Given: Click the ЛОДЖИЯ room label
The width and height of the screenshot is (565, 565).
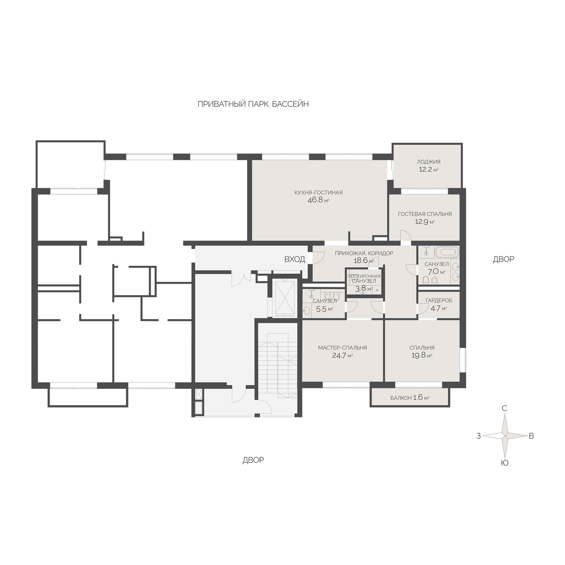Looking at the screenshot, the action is [428, 161].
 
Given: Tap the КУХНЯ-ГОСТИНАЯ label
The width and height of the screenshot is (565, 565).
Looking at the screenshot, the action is [318, 193].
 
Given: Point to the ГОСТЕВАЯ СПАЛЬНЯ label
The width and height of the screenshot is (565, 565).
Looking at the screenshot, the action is [425, 214].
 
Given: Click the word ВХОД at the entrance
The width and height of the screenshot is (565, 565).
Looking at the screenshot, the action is [295, 259].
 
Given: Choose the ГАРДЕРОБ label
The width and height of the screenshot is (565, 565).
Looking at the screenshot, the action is [439, 300].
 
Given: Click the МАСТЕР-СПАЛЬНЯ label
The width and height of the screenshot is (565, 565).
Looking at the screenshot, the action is [342, 348].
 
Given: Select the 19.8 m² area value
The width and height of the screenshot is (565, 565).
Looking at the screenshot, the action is [421, 355].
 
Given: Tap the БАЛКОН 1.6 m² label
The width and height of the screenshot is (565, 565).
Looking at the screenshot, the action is [410, 398].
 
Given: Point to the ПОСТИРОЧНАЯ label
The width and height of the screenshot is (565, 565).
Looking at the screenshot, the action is [364, 276].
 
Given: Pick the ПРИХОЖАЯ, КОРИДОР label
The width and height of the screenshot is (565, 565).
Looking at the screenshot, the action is [363, 253].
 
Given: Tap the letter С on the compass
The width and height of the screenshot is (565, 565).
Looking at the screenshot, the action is [505, 408].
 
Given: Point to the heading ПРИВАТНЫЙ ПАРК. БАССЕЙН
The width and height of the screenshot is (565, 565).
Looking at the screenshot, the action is [253, 104].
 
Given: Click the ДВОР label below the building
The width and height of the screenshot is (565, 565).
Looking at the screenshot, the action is [253, 460].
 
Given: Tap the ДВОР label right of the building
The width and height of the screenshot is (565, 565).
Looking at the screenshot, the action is [503, 259].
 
